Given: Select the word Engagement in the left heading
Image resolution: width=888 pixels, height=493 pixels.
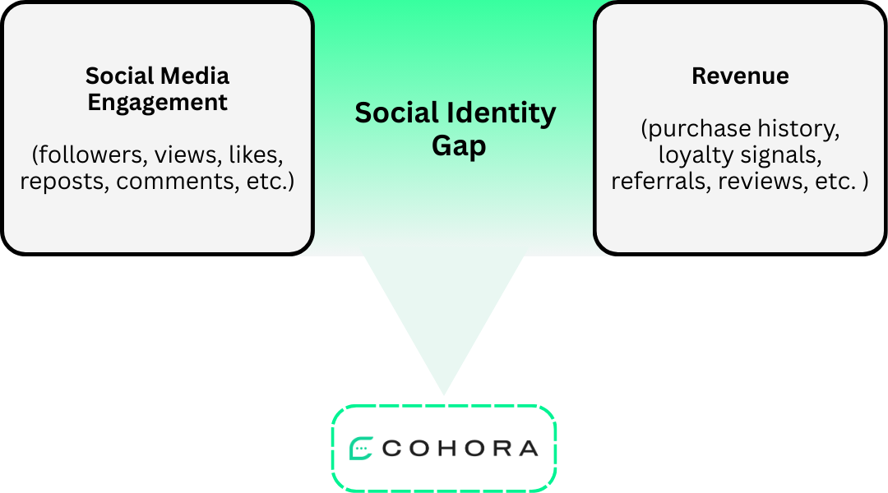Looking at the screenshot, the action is [x=157, y=103].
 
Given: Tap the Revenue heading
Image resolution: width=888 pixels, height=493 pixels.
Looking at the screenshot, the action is [x=740, y=76].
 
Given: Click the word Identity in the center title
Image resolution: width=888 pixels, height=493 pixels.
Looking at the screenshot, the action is [x=504, y=113].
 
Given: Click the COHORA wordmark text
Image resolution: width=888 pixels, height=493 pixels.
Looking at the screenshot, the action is [x=460, y=449].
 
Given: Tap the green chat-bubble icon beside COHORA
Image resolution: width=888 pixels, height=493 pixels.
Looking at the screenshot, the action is [x=361, y=449].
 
